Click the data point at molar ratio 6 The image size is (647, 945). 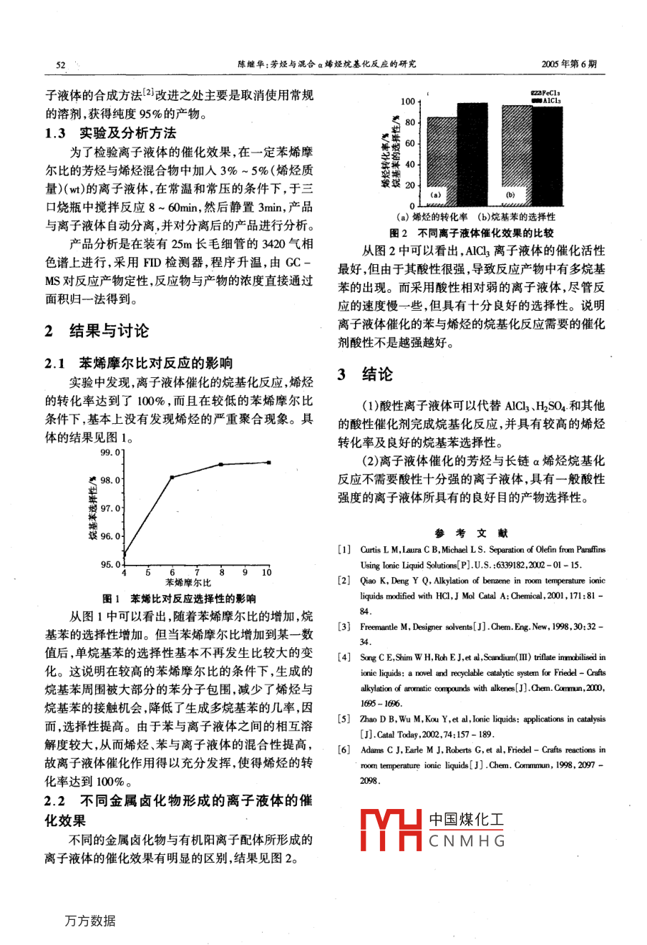[x=172, y=477]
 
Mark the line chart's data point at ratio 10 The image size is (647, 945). [x=268, y=462]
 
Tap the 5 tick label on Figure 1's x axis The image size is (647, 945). [x=148, y=572]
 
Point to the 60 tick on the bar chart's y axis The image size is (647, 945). [x=409, y=143]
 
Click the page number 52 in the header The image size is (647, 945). [x=60, y=64]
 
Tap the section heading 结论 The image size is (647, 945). [x=376, y=374]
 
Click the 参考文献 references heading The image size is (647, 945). [x=471, y=533]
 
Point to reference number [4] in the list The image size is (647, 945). [x=345, y=656]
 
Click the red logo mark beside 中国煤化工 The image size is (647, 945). [x=391, y=830]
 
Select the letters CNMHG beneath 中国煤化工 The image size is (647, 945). [x=467, y=840]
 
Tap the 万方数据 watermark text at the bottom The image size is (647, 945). [x=89, y=921]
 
